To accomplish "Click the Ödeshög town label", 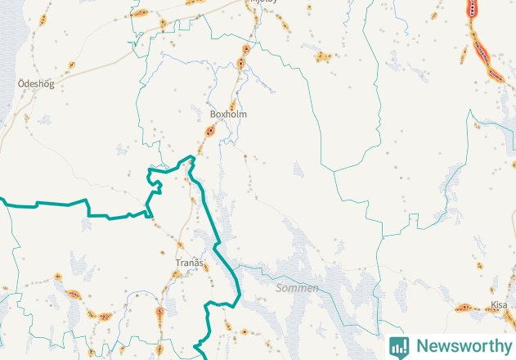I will [x=35, y=83].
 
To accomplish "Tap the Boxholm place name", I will [x=228, y=115].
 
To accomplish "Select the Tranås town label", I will [x=189, y=263].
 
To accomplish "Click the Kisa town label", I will [x=498, y=304].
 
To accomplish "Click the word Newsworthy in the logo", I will [x=463, y=346].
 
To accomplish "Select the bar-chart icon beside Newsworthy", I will [x=399, y=346].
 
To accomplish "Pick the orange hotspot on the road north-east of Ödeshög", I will [x=72, y=65].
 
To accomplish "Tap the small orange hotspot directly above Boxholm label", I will [x=233, y=105].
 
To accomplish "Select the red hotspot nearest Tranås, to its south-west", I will [x=161, y=312].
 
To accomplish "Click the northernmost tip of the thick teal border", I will [x=194, y=155].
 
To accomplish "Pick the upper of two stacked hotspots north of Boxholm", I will [x=245, y=48].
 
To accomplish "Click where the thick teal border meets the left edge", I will [x=2, y=199].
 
